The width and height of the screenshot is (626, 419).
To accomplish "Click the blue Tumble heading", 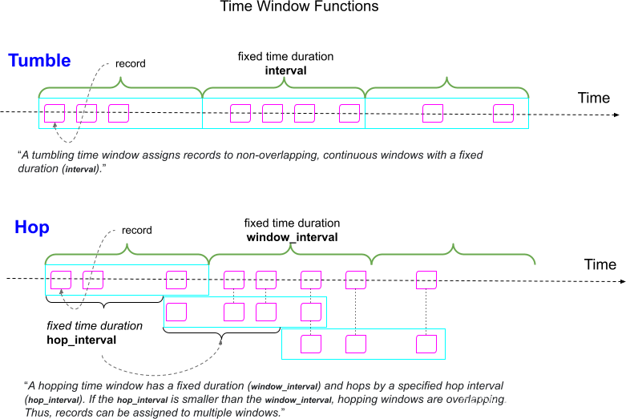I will (x=39, y=60).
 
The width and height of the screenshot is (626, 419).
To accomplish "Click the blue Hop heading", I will (x=32, y=228).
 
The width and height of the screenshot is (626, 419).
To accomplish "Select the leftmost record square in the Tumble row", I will (x=55, y=114).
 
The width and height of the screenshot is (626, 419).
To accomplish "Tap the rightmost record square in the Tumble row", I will (x=503, y=114).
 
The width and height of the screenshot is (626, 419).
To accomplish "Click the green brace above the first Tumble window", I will (x=120, y=83).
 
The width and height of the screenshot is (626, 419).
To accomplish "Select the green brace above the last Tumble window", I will (x=447, y=83).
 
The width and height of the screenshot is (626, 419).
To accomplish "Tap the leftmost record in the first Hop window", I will (x=61, y=280).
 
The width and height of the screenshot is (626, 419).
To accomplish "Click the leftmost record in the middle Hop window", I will (x=176, y=312).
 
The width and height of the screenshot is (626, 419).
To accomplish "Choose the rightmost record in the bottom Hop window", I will (x=426, y=344).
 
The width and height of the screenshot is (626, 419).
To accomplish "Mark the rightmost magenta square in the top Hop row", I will (x=426, y=280).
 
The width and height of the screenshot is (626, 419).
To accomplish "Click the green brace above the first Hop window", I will (x=127, y=252).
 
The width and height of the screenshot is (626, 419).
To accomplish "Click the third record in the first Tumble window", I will (x=119, y=114).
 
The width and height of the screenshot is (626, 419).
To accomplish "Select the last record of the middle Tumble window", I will (x=349, y=114).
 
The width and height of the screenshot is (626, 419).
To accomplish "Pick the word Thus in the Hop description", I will (x=37, y=412).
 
